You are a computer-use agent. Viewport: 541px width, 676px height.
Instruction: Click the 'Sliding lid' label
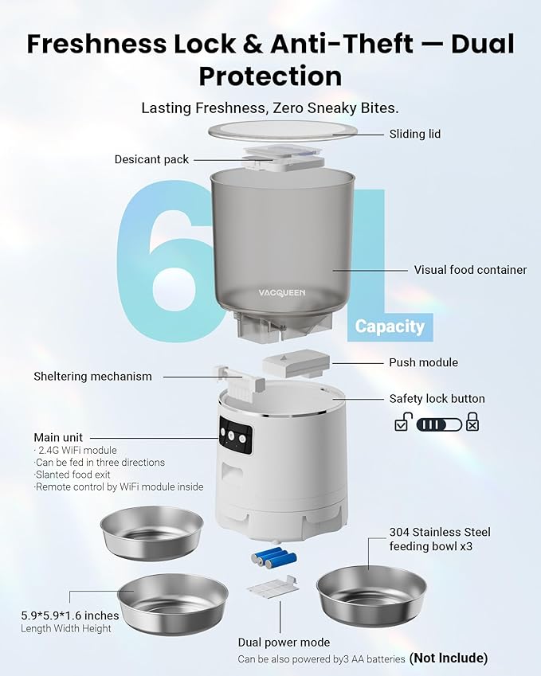(x=414, y=134)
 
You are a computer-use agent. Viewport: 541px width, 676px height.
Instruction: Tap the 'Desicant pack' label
(x=151, y=159)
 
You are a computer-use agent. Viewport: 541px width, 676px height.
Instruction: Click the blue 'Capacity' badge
(x=390, y=326)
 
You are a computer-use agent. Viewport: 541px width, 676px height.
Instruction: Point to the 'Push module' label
(x=423, y=362)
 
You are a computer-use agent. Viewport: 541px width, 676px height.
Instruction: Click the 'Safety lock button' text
(x=437, y=399)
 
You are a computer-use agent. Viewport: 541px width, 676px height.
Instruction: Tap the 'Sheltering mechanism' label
(x=92, y=376)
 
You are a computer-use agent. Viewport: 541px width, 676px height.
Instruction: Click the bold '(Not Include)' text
(x=449, y=658)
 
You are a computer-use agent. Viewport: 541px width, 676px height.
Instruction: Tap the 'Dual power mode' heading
(x=284, y=642)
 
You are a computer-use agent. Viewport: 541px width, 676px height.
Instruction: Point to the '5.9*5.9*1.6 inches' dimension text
(x=70, y=615)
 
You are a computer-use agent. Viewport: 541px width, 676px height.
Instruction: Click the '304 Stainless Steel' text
(x=440, y=532)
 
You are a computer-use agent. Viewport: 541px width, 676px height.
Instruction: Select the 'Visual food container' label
(x=470, y=270)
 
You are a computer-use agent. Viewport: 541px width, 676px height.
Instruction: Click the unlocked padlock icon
(x=402, y=423)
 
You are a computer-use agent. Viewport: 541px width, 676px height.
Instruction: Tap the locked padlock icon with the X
(x=472, y=423)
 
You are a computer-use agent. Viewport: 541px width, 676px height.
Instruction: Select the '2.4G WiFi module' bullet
(x=77, y=450)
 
